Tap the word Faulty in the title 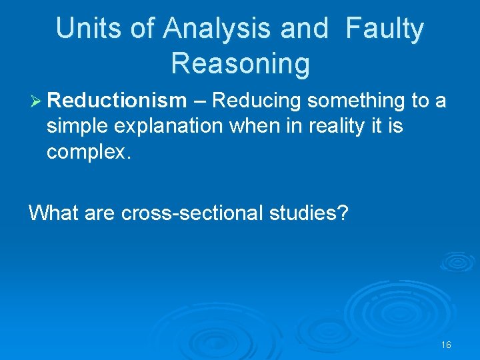(385, 29)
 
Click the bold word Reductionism (117, 101)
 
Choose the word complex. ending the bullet (86, 151)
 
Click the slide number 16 (446, 345)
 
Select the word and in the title (304, 29)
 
